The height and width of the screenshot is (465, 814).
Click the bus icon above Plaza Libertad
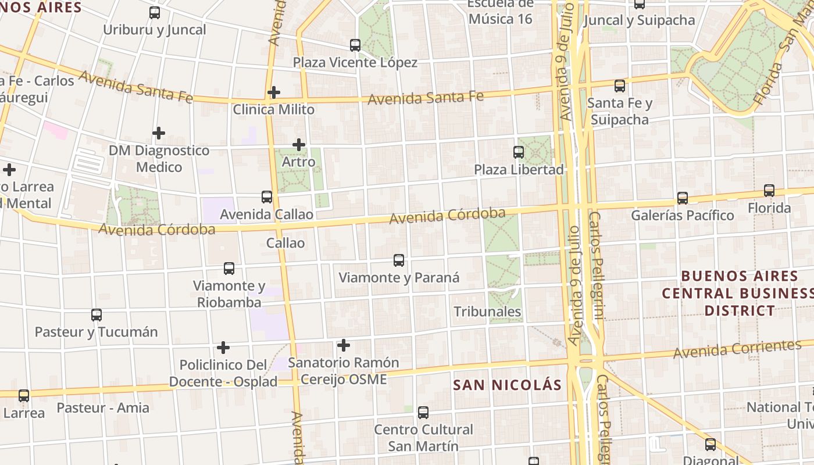(x=519, y=152)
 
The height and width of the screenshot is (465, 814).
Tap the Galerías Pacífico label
(x=683, y=215)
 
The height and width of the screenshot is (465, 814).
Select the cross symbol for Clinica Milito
(x=274, y=92)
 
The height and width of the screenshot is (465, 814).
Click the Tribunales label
(x=487, y=312)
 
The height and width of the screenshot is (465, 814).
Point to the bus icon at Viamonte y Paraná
(x=399, y=260)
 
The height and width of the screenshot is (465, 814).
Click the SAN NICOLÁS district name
(x=508, y=385)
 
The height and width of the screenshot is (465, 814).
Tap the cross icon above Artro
(x=299, y=144)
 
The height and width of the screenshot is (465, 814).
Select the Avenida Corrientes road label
(x=737, y=349)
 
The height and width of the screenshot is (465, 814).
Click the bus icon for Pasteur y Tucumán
(x=97, y=314)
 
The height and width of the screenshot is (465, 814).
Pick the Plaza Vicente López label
(x=355, y=62)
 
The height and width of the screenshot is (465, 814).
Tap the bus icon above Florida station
(x=769, y=190)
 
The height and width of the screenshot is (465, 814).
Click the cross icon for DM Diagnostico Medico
(x=158, y=133)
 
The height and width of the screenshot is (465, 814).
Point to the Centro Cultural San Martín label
(x=423, y=438)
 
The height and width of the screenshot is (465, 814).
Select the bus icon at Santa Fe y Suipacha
(x=620, y=86)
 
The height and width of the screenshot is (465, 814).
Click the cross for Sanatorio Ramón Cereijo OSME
(x=344, y=345)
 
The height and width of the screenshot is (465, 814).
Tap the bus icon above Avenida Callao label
(x=267, y=196)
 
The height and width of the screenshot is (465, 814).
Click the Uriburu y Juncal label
(x=155, y=30)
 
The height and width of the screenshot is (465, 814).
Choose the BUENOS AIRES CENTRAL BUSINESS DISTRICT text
(x=739, y=293)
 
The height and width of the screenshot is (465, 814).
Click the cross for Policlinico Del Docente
(x=223, y=348)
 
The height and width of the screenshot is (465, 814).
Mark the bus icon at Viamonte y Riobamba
(x=229, y=268)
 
